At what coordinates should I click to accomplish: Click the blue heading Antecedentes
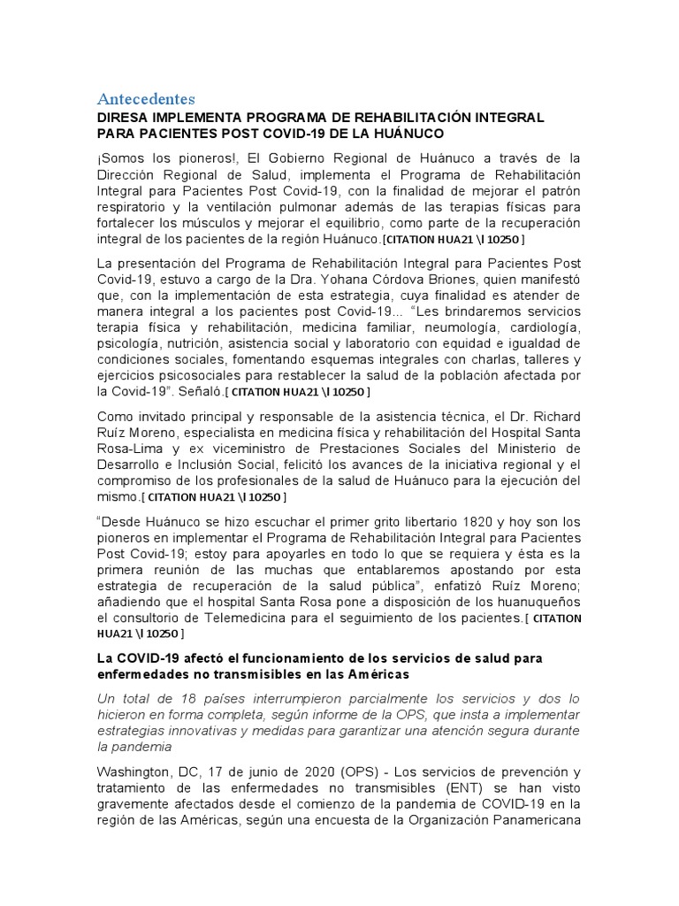(146, 97)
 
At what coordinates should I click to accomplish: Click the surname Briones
(475, 280)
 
